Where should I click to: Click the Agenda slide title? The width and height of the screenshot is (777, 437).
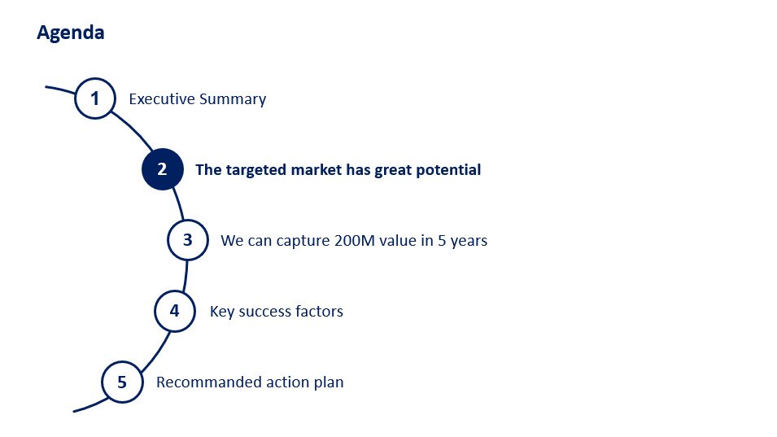[70, 33]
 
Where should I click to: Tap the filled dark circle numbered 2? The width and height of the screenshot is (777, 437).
[163, 169]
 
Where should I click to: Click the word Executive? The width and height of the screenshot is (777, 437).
[162, 98]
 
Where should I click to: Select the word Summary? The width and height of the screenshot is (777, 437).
[233, 99]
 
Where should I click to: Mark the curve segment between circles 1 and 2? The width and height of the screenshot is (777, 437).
[133, 130]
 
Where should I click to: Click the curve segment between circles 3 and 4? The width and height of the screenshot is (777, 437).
[186, 276]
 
